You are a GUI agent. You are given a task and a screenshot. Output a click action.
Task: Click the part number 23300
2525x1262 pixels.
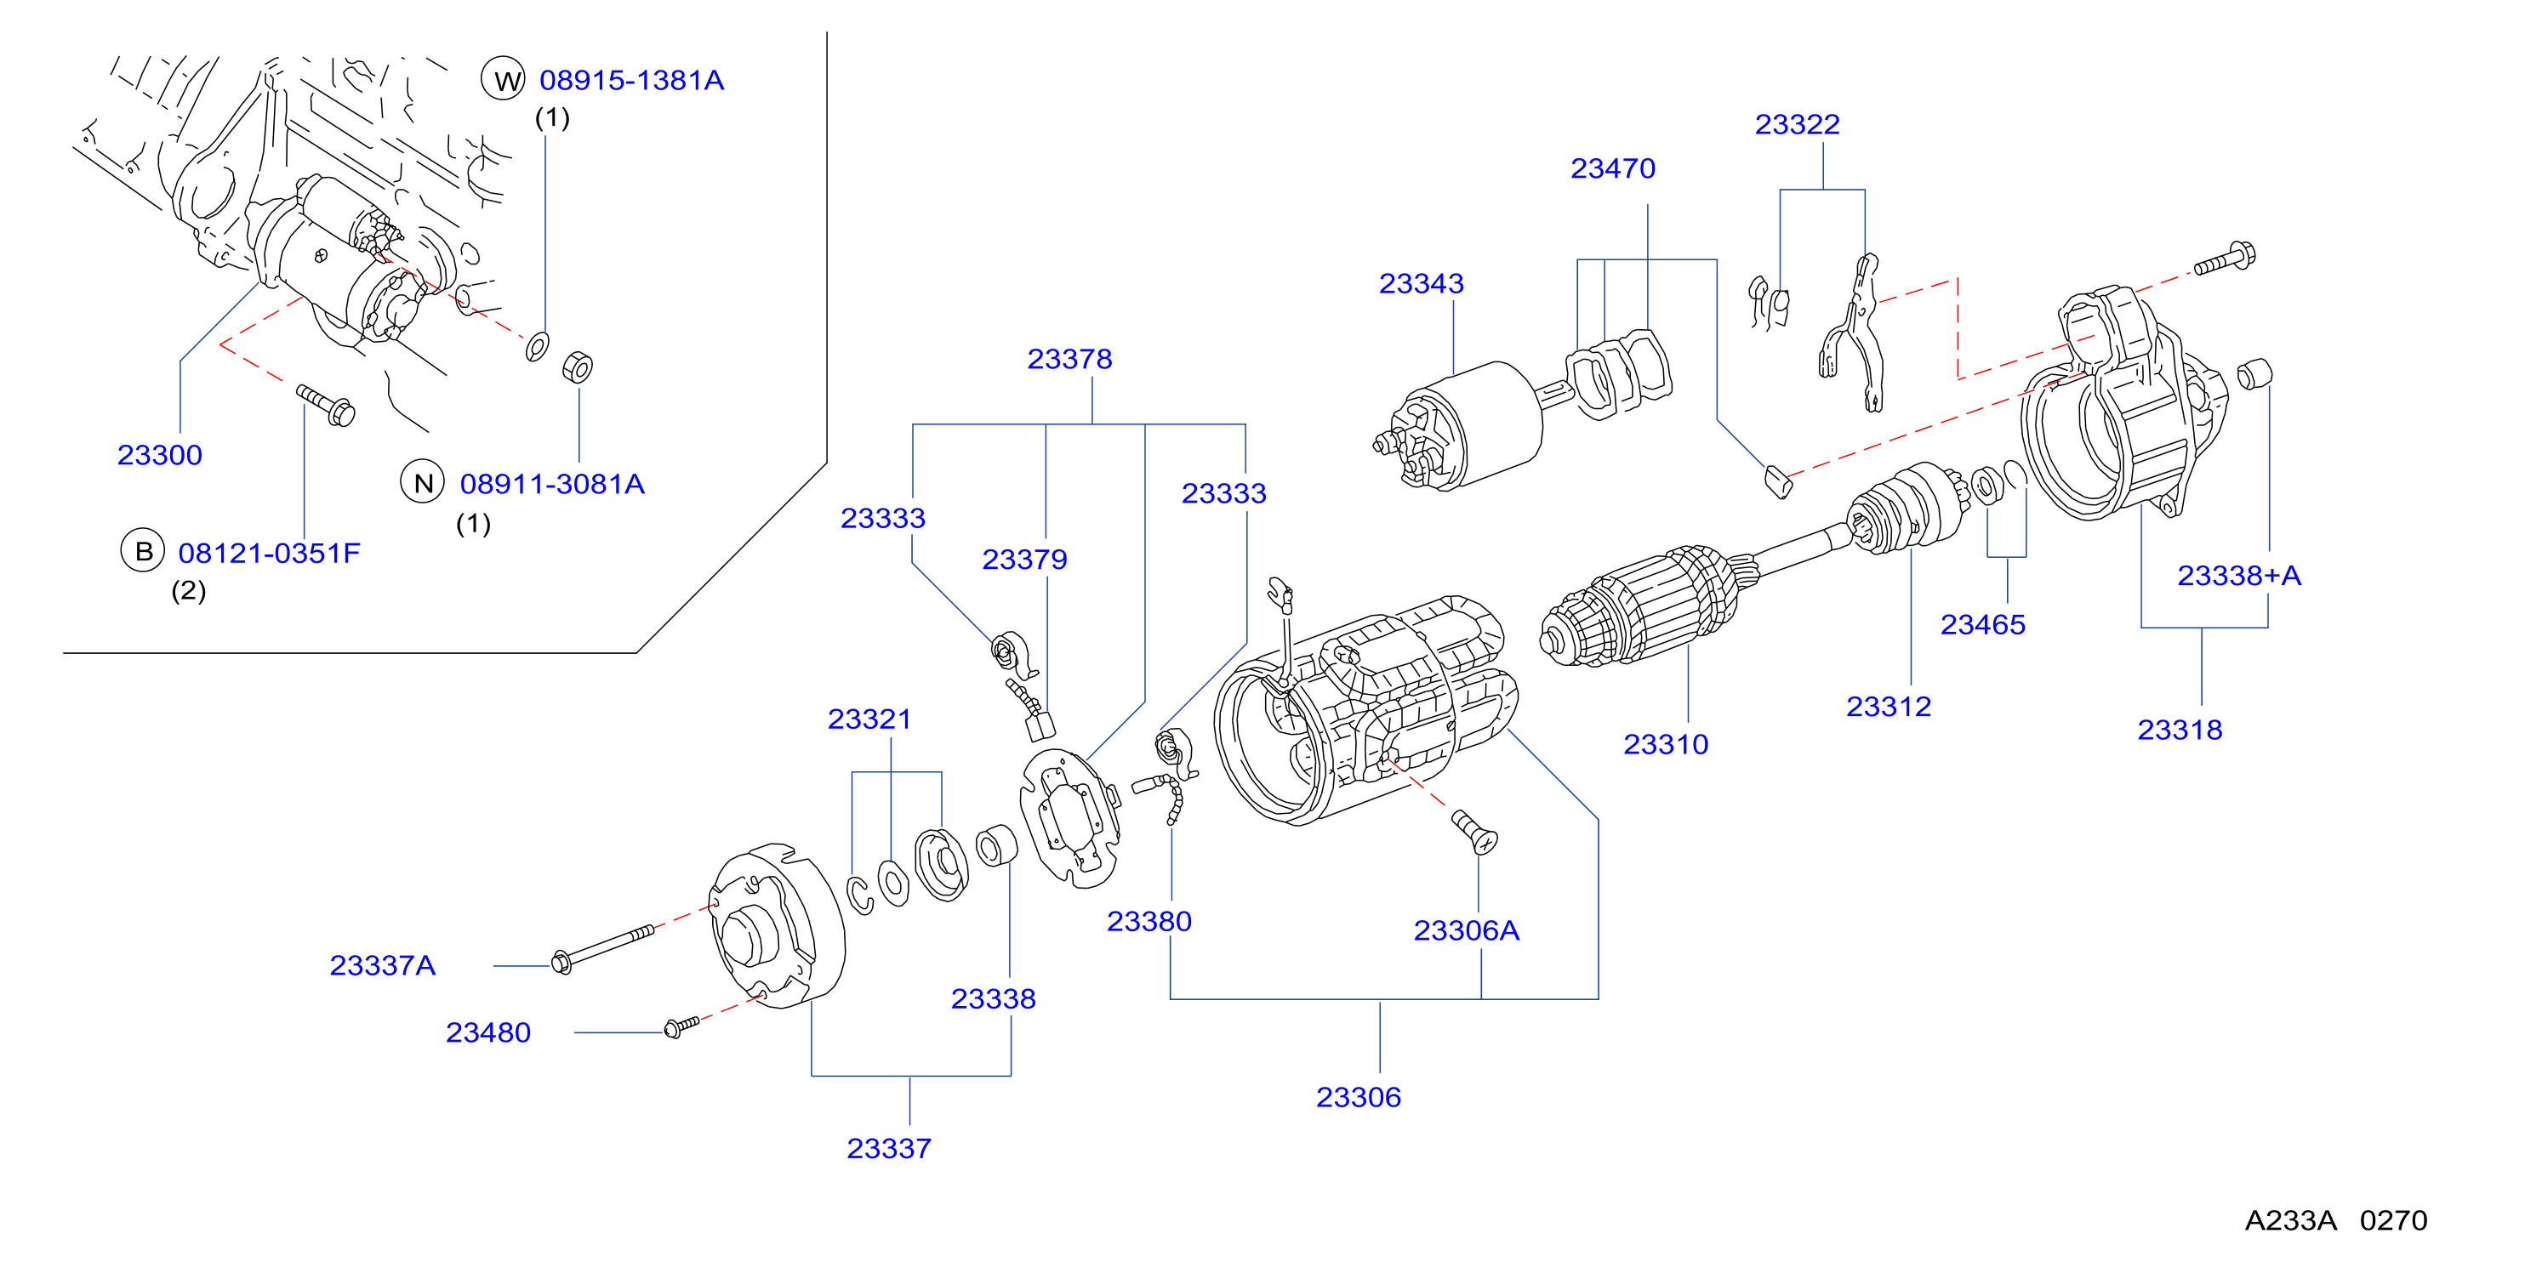pyautogui.click(x=160, y=455)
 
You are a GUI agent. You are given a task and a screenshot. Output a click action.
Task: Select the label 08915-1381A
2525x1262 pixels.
pyautogui.click(x=631, y=80)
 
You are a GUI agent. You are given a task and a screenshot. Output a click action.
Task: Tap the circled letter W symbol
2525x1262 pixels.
pyautogui.click(x=504, y=79)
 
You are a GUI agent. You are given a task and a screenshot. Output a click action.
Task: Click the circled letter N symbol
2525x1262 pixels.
pyautogui.click(x=423, y=482)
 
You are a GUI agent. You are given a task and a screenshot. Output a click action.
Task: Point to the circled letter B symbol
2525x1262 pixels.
pyautogui.click(x=143, y=552)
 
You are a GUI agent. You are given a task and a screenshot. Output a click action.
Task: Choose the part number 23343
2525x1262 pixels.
pyautogui.click(x=1422, y=283)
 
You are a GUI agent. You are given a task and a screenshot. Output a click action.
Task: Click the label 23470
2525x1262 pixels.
pyautogui.click(x=1612, y=168)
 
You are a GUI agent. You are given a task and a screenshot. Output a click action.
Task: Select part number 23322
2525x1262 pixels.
pyautogui.click(x=1797, y=124)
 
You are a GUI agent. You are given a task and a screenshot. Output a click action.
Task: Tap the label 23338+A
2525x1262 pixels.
pyautogui.click(x=2239, y=575)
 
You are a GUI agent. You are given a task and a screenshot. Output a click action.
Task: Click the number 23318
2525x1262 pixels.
pyautogui.click(x=2179, y=730)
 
